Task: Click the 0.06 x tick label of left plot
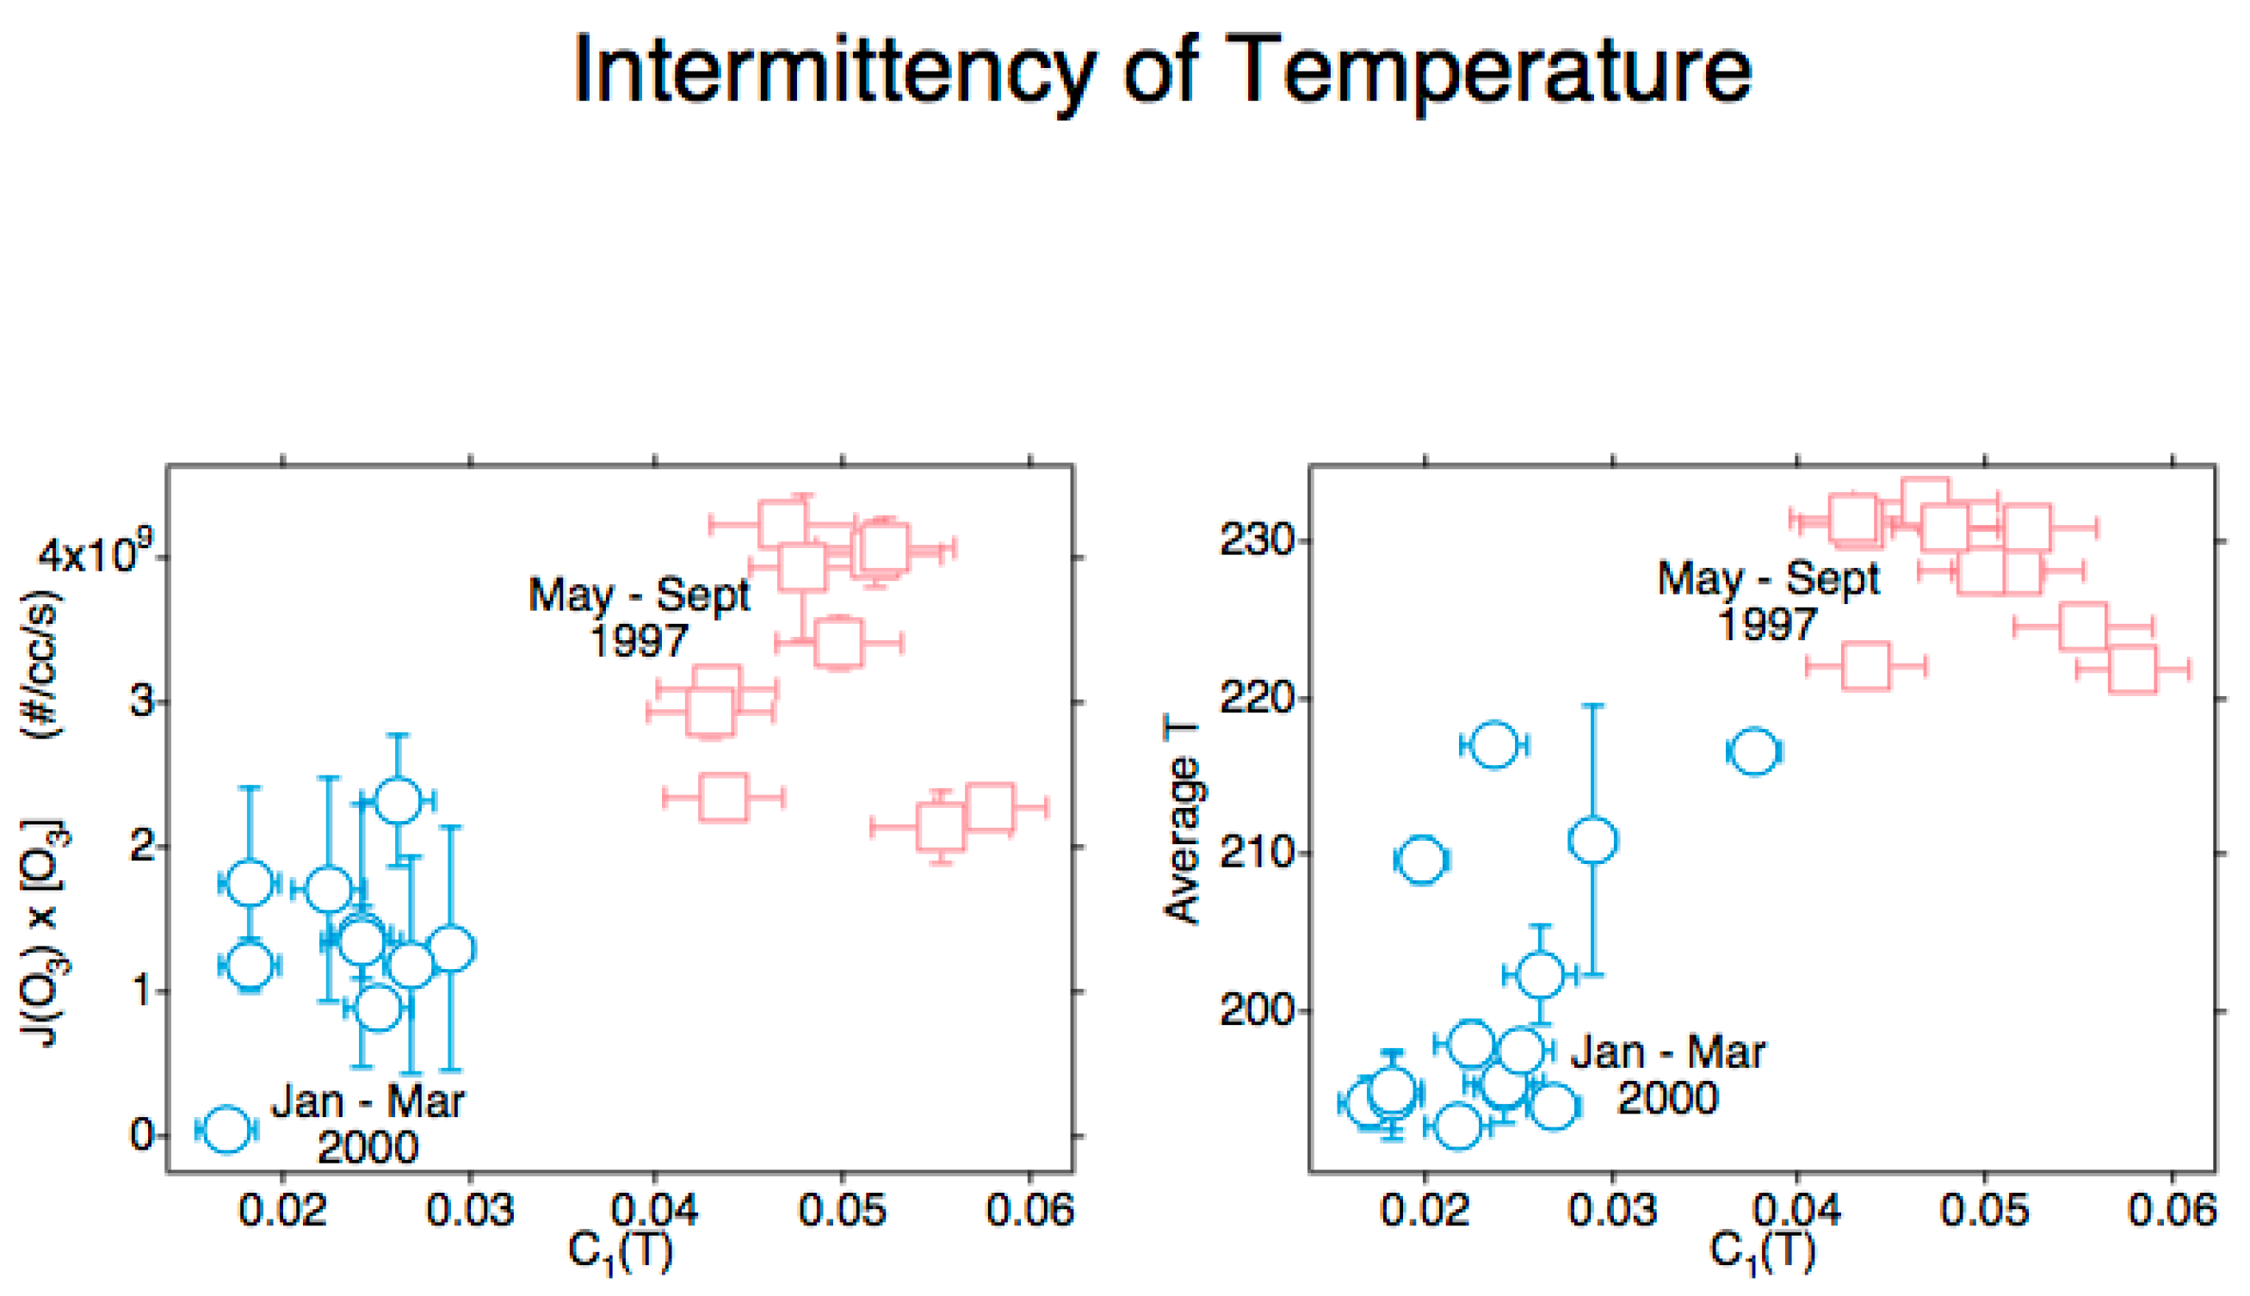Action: point(1029,1211)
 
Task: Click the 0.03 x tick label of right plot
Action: point(1612,1211)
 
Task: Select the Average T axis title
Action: point(1183,824)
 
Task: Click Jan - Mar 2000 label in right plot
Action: point(1667,1075)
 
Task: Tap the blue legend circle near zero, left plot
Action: point(226,1130)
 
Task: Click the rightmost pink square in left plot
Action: point(989,807)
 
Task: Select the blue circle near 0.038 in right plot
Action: point(1753,752)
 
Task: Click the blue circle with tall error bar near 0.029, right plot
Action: point(1593,840)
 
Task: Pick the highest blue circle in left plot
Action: point(398,800)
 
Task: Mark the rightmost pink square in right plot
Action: point(2133,670)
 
